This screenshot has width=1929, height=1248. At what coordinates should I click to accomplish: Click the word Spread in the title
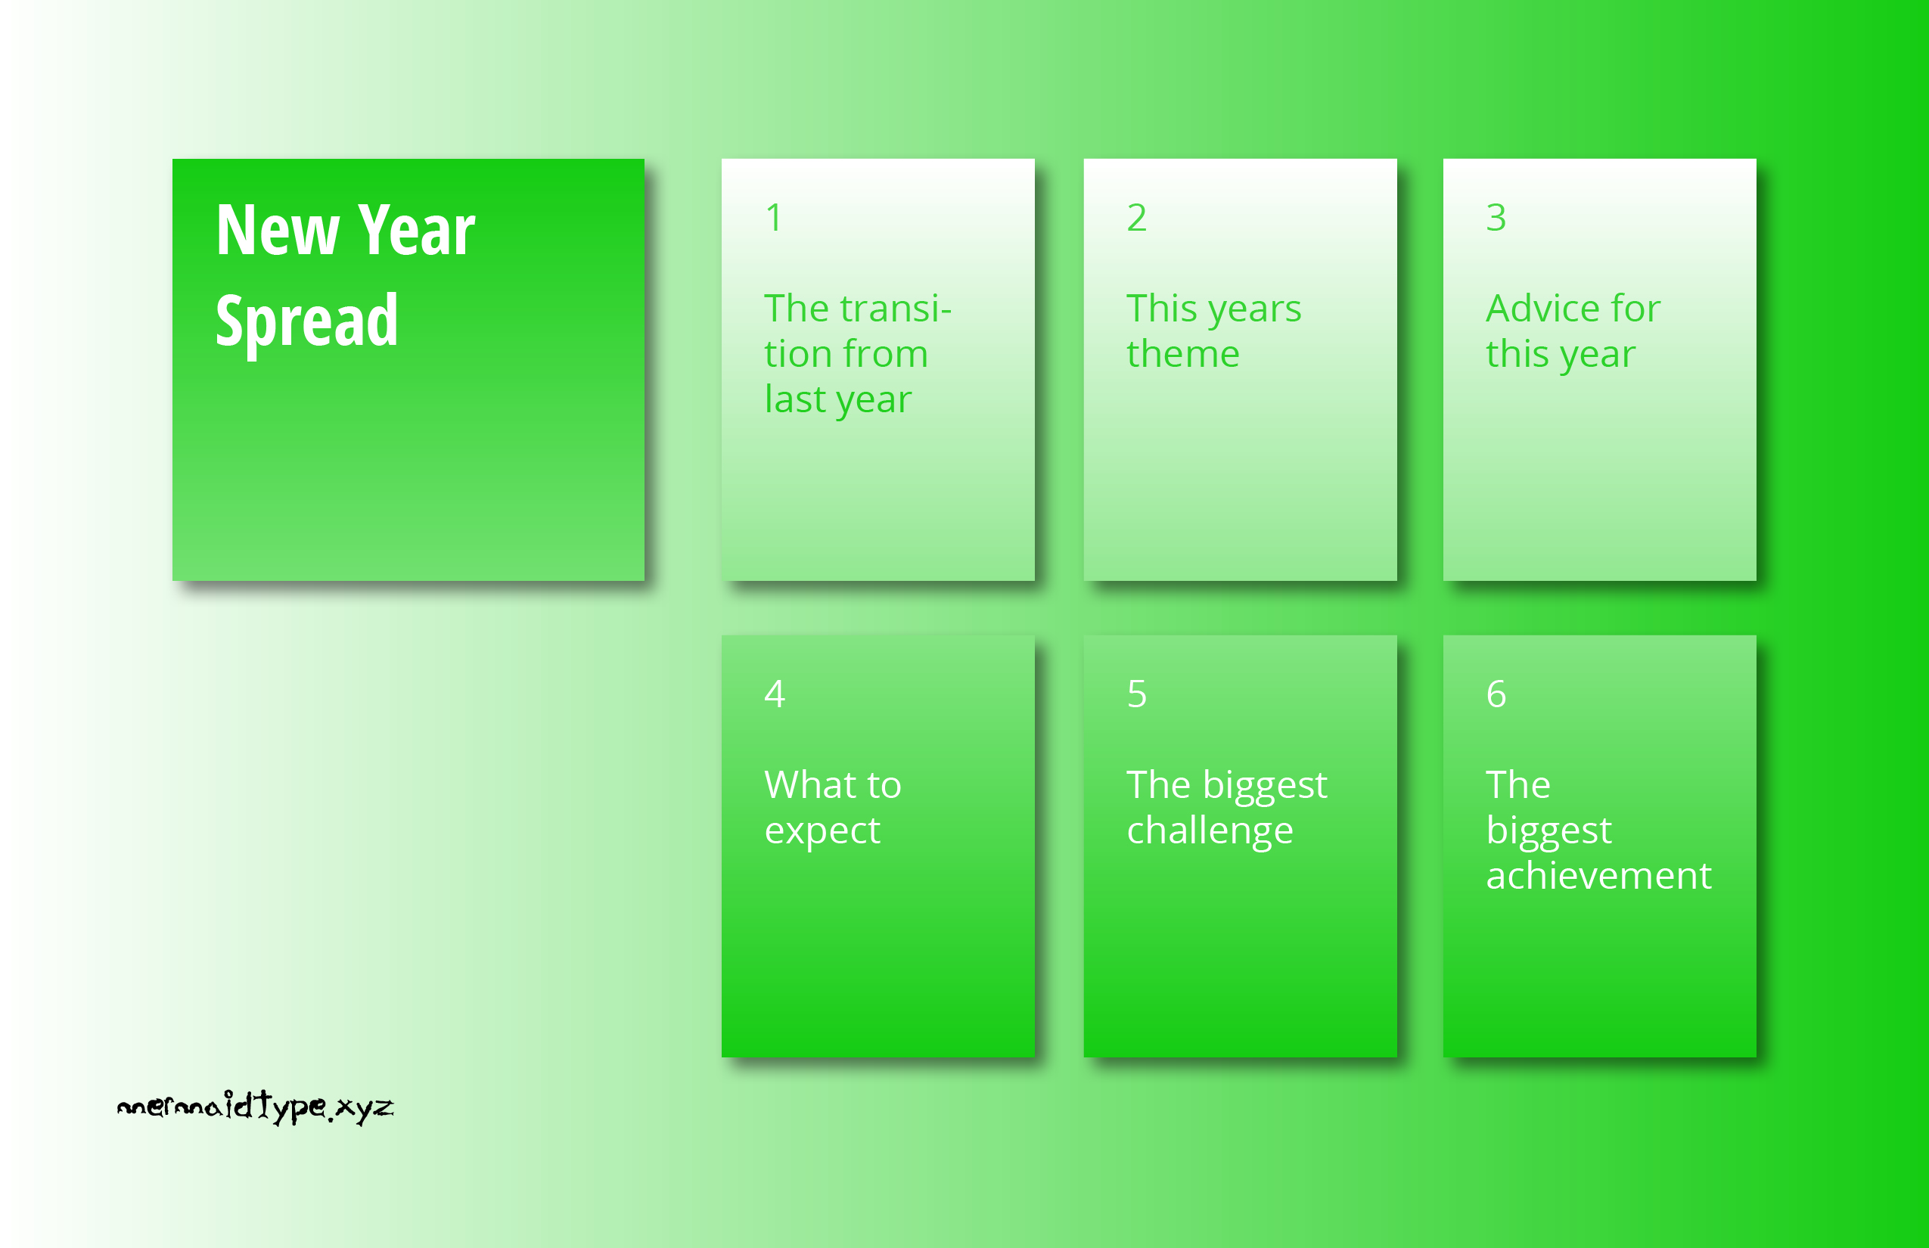coord(306,321)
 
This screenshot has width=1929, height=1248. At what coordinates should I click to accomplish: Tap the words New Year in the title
coord(345,230)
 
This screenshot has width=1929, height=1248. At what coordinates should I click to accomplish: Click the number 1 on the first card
coord(774,217)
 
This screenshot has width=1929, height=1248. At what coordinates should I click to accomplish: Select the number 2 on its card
coord(1136,217)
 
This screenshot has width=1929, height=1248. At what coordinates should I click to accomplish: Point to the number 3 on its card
coord(1496,217)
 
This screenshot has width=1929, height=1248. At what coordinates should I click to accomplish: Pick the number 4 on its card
coord(775,694)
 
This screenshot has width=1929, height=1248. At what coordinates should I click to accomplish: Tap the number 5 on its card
coord(1137,694)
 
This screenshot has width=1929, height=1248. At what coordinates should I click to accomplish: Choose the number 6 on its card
coord(1496,694)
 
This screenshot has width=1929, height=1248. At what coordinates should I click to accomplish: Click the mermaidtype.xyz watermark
coord(256,1107)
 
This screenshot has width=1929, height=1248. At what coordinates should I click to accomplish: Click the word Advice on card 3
coord(1542,308)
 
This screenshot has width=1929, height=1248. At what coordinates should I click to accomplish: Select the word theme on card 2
coord(1183,353)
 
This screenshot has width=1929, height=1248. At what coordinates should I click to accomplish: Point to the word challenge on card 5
coord(1210,831)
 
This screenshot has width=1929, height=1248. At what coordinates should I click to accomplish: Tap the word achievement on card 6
coord(1598,875)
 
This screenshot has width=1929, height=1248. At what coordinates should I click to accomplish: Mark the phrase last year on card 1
coord(838,400)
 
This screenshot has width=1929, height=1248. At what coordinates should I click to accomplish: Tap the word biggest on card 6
coord(1549,831)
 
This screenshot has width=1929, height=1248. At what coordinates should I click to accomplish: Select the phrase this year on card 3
coord(1560,355)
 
